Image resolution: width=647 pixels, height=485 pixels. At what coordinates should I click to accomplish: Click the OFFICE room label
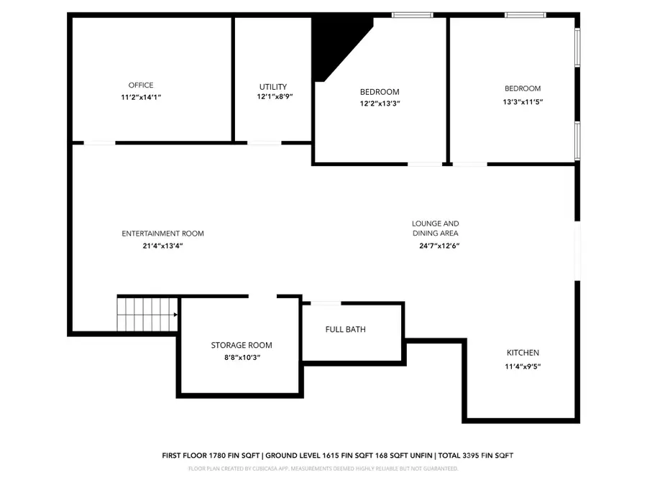pyautogui.click(x=141, y=86)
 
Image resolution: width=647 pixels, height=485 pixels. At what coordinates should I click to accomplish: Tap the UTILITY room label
pyautogui.click(x=273, y=87)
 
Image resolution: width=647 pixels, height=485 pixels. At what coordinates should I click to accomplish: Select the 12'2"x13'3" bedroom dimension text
pyautogui.click(x=380, y=103)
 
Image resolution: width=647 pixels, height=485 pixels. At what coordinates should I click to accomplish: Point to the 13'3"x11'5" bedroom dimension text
pyautogui.click(x=523, y=102)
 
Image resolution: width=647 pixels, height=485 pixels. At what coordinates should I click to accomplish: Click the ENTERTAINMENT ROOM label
pyautogui.click(x=162, y=234)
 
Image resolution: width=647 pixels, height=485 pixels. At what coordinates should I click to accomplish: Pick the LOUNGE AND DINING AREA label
pyautogui.click(x=435, y=228)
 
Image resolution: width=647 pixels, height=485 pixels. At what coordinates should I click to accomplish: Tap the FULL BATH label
pyautogui.click(x=345, y=330)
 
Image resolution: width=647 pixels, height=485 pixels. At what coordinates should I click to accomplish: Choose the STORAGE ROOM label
pyautogui.click(x=242, y=346)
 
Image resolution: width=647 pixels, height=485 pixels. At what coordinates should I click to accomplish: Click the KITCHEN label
pyautogui.click(x=523, y=353)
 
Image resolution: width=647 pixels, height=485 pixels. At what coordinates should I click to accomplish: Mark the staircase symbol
pyautogui.click(x=147, y=314)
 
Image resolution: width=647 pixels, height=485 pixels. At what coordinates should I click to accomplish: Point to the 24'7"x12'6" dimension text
pyautogui.click(x=439, y=246)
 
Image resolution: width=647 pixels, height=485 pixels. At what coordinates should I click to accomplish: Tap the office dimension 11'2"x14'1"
pyautogui.click(x=141, y=97)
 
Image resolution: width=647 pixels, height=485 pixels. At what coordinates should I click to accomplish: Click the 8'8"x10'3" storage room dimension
pyautogui.click(x=242, y=357)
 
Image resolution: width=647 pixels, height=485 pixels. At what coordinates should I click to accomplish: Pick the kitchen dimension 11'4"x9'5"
pyautogui.click(x=523, y=366)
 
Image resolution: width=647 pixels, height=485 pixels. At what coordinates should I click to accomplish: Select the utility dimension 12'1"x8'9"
pyautogui.click(x=275, y=97)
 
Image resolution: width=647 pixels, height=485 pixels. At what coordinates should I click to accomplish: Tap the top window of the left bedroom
pyautogui.click(x=412, y=14)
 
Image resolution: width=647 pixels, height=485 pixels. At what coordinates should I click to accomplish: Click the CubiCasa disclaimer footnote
pyautogui.click(x=323, y=468)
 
